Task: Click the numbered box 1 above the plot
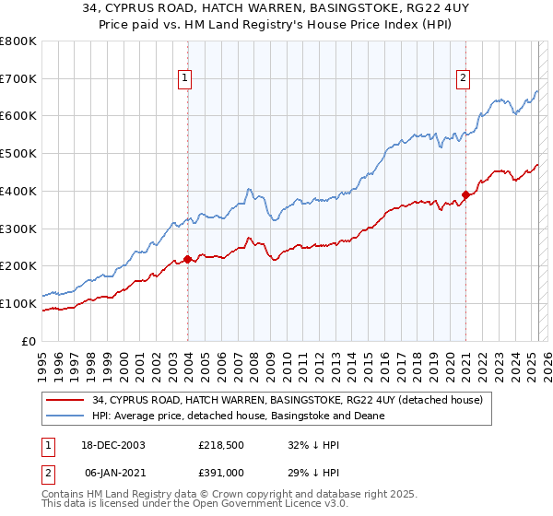coord(186,78)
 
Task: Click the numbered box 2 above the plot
coord(463,78)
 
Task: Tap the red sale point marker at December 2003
coord(188,259)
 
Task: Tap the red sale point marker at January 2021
coord(466,194)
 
